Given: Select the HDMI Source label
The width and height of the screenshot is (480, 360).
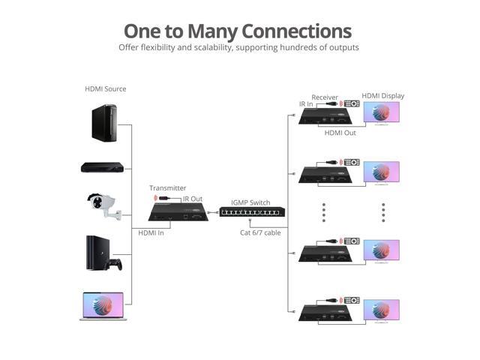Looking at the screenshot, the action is coord(105,89).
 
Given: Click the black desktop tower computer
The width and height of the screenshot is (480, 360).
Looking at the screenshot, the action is coord(103,123).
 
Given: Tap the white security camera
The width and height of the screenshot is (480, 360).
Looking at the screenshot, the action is coord(103,205).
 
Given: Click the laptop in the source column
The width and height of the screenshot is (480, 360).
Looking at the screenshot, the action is coord(103,306).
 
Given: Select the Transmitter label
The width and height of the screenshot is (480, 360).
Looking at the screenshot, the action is coord(167,188).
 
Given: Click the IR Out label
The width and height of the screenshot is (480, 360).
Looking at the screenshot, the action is coord(193,199).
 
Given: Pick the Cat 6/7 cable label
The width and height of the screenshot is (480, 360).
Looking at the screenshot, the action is coord(259,233).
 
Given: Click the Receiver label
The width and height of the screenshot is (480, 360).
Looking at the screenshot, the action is coord(325,97).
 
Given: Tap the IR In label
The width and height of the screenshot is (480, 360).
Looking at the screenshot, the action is coord(306,104).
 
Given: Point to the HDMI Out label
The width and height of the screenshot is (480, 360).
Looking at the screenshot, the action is coord(340,133).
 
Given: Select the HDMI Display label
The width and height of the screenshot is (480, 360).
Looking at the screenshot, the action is coord(382,96).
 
